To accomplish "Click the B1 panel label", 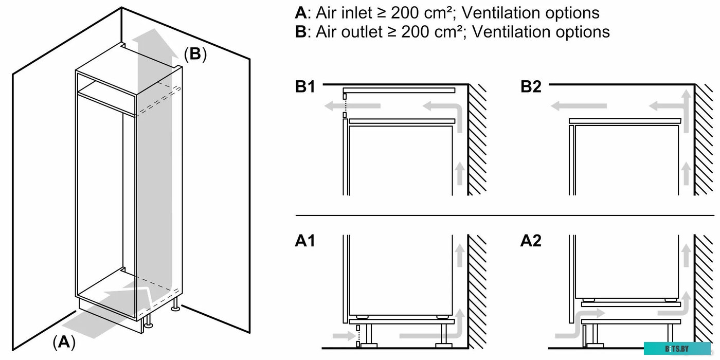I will click(305, 87).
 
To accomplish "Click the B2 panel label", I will click(531, 87).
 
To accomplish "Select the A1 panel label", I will click(305, 241).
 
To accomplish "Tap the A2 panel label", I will click(531, 241).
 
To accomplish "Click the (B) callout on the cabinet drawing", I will click(195, 54).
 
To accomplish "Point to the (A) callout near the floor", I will click(64, 341).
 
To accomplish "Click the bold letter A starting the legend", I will click(301, 13).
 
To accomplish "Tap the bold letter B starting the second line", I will click(301, 32).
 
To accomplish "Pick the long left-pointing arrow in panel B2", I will click(579, 106).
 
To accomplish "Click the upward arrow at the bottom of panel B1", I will click(460, 173).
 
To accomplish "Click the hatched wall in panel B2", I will click(703, 139).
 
